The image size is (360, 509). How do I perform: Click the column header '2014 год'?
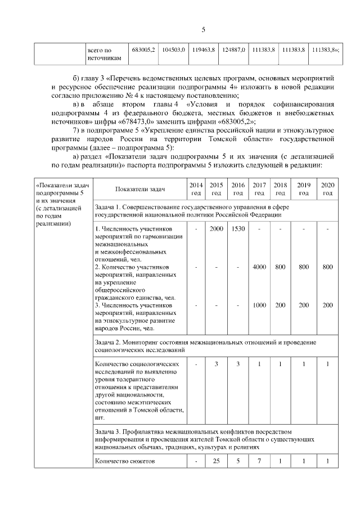click(x=195, y=189)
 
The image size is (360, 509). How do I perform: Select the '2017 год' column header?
click(x=259, y=189)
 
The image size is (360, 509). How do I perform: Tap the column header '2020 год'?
click(x=327, y=189)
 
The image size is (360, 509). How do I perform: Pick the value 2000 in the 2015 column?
click(x=216, y=229)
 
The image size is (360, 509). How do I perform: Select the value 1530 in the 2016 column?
click(x=238, y=229)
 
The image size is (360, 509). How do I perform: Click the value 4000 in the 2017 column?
click(x=259, y=267)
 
